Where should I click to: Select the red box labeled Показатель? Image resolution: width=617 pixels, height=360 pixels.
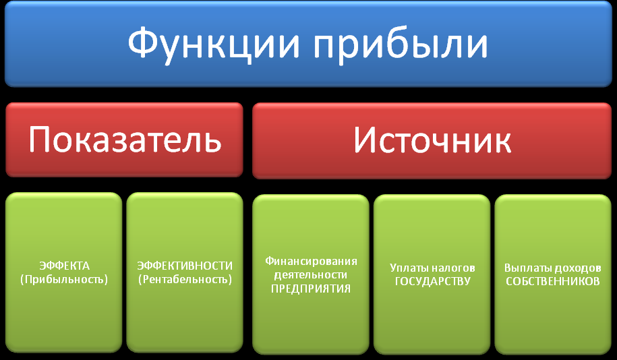[x=124, y=140]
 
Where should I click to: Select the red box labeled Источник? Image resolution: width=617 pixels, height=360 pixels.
[x=432, y=140]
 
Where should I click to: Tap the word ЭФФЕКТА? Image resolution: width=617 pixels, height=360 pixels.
[x=64, y=266]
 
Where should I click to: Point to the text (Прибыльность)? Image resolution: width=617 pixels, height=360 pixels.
[x=64, y=279]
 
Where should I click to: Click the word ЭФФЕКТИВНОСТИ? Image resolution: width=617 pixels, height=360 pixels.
[x=185, y=266]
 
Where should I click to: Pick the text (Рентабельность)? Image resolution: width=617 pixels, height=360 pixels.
[x=185, y=279]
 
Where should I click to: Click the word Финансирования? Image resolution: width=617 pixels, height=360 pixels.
[x=311, y=262]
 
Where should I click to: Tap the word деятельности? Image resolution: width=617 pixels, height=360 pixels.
[x=310, y=274]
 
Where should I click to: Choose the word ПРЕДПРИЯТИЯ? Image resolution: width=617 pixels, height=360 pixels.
[x=311, y=289]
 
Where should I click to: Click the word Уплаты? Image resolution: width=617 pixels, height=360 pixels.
[x=407, y=268]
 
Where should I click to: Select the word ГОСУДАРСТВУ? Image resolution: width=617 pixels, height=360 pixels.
[x=432, y=281]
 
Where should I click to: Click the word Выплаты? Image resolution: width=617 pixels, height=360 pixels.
[x=524, y=268]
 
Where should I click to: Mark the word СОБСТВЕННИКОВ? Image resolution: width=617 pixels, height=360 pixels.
[x=553, y=281]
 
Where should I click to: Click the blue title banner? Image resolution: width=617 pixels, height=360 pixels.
[x=309, y=44]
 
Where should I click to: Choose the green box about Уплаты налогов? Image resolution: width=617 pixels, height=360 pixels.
[x=432, y=274]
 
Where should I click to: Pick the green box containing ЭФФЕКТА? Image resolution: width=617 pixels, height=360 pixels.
[x=64, y=272]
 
